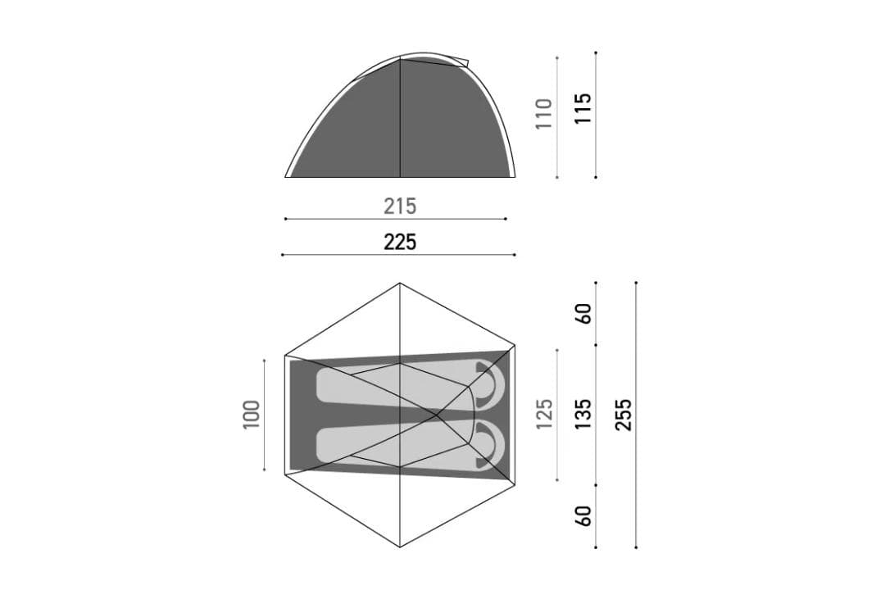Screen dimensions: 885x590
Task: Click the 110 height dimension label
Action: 543,113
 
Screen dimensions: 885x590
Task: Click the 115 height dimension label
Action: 583,108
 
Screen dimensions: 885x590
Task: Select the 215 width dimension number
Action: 400,206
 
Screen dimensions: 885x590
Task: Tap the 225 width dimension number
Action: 400,243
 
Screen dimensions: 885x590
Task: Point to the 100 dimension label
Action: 252,415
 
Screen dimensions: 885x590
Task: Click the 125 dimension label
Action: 543,414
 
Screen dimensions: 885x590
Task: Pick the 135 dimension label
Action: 583,414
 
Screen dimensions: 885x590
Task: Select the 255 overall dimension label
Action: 623,415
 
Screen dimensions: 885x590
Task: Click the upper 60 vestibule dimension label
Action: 583,313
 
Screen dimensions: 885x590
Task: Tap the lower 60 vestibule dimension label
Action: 583,516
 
